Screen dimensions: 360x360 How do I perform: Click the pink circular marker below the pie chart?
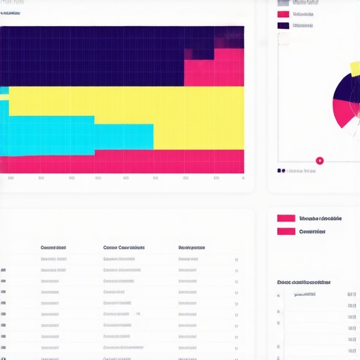pos(320,160)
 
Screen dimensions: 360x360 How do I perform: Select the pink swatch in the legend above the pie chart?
pos(283,14)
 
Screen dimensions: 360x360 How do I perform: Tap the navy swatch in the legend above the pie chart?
pos(283,25)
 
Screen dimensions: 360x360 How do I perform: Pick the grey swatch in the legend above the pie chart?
pos(283,3)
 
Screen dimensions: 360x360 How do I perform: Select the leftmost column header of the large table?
pos(53,247)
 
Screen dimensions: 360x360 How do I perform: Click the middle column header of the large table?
pos(124,247)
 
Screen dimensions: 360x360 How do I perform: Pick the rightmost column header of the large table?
pos(192,247)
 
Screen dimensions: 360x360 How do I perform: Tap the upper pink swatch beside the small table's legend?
pos(286,219)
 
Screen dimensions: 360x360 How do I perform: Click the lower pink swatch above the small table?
pos(286,231)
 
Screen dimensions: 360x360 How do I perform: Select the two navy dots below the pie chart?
pos(281,170)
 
